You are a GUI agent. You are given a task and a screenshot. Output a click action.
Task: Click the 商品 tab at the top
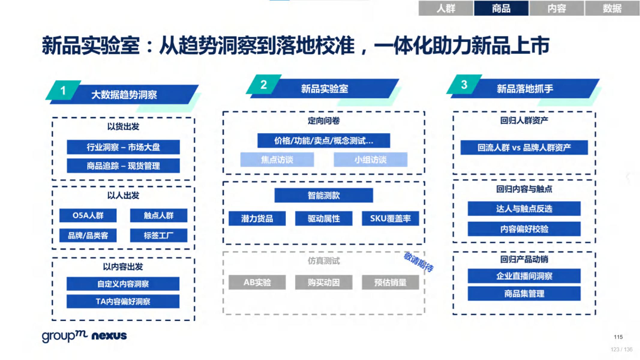point(501,8)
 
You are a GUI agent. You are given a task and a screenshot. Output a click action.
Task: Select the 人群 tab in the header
point(446,8)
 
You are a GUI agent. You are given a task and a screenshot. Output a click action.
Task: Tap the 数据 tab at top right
point(612,8)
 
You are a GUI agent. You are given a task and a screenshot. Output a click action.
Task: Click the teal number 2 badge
point(263,85)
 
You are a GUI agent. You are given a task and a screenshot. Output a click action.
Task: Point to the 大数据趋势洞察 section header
point(124,95)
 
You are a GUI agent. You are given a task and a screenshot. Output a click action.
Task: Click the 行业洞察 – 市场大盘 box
point(123,147)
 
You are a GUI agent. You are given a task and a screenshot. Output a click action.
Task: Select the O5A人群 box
point(88,215)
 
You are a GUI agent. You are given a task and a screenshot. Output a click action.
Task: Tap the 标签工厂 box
point(158,235)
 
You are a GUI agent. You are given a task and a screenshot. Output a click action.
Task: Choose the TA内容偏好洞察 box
point(123,301)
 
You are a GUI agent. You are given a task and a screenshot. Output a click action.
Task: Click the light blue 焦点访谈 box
point(277,160)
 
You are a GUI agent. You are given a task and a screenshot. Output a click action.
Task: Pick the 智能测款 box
point(323,196)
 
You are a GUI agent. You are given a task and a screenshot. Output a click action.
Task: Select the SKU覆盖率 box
point(390,218)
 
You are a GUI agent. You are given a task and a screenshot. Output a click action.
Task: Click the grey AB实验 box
point(257,282)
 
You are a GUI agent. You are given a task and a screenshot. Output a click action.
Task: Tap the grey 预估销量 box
point(390,282)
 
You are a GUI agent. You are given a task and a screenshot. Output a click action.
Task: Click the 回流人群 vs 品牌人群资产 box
point(524,148)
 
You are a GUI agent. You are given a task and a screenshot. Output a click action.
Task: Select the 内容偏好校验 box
point(524,229)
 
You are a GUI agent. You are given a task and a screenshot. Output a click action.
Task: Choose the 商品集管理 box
point(524,294)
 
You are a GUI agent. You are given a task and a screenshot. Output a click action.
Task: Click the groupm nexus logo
point(84,336)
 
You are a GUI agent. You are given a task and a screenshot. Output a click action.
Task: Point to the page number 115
point(618,337)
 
